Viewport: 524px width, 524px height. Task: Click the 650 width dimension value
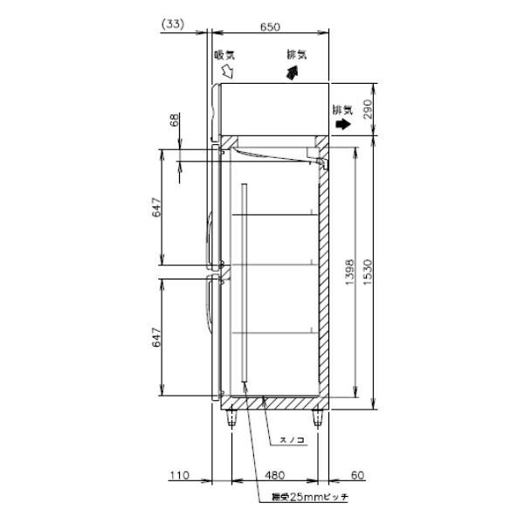coord(270,27)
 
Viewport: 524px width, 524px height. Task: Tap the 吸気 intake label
coord(224,55)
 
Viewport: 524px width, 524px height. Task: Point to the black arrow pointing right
coord(343,125)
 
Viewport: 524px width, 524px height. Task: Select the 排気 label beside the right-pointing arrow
coord(342,110)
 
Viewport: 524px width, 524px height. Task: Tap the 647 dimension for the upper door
coord(157,207)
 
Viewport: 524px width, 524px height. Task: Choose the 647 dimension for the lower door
coord(157,338)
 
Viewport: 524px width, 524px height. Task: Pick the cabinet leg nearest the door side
coord(231,418)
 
